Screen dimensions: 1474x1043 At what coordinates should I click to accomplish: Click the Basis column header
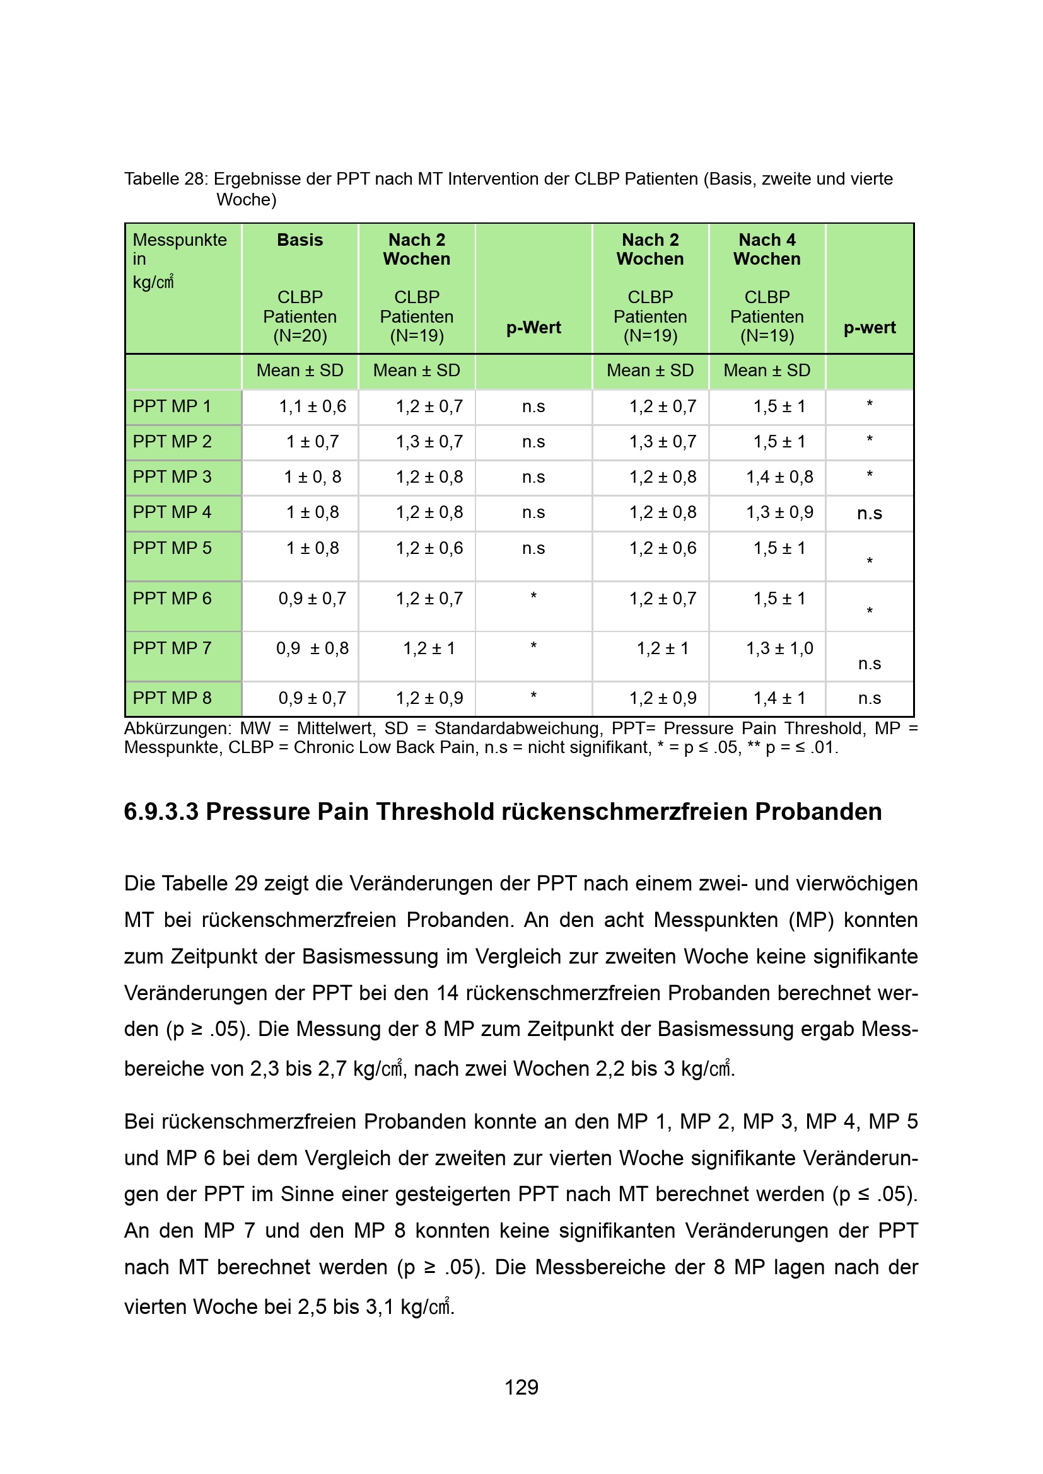300,240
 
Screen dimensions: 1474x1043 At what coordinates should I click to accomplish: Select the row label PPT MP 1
172,406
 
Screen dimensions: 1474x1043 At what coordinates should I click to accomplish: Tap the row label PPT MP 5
172,548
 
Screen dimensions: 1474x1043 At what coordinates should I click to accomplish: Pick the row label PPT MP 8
172,698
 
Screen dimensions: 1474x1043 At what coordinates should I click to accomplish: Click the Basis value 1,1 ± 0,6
312,406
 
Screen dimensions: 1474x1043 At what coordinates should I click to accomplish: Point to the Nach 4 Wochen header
767,249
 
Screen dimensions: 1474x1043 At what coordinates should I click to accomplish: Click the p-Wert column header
533,328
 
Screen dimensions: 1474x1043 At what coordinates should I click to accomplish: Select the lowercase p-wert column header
870,328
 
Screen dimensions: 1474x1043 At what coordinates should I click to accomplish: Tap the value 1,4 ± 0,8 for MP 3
779,477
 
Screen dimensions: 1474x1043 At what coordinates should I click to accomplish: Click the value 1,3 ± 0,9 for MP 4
779,512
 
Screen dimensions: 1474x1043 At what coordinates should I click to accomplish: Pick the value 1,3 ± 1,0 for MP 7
779,648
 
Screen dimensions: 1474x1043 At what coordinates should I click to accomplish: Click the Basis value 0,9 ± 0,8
312,648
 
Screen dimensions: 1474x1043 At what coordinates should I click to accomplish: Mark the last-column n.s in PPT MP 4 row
870,514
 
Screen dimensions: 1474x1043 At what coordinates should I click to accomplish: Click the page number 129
521,1387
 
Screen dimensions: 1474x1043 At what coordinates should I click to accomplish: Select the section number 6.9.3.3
161,812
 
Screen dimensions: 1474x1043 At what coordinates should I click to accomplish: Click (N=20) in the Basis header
300,336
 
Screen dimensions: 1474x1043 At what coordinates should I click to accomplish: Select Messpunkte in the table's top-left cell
180,240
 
